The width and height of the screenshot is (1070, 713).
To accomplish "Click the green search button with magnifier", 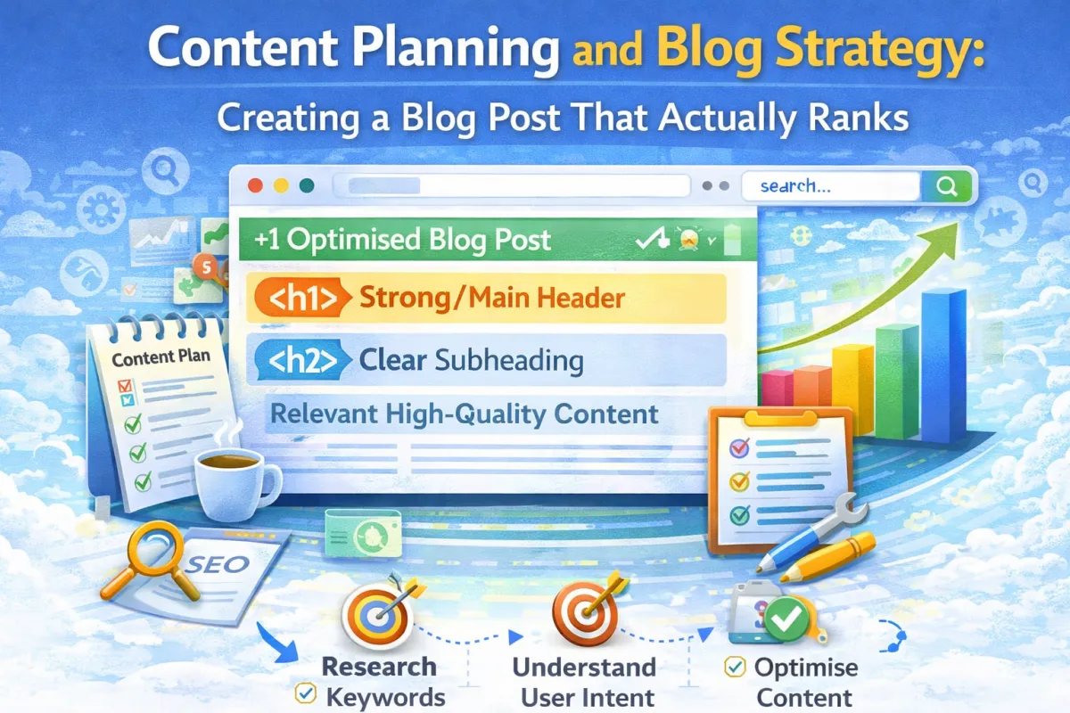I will point(948,186).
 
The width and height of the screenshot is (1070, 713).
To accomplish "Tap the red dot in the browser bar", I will point(257,186).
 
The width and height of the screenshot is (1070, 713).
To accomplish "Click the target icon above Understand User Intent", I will point(580,615).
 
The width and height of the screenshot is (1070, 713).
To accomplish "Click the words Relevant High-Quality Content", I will point(464,414).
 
